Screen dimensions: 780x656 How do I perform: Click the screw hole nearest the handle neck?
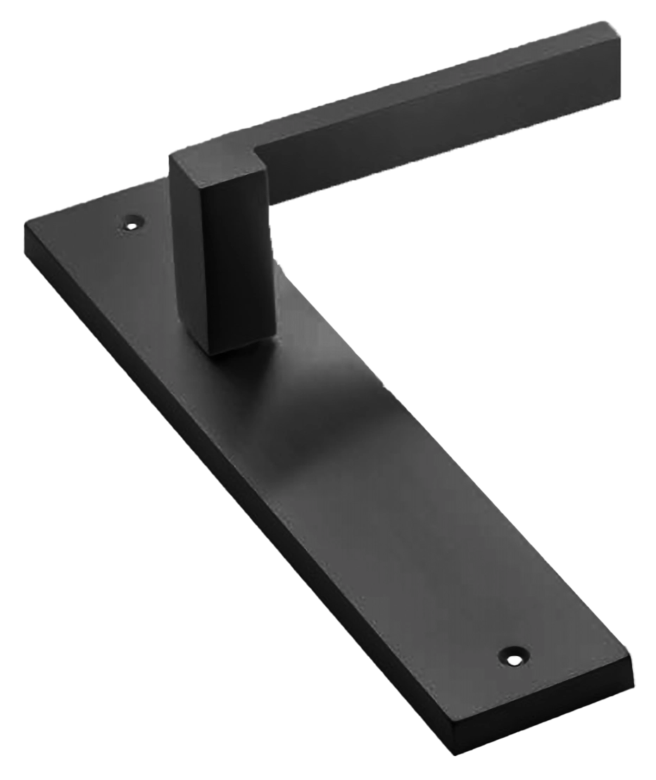[132, 225]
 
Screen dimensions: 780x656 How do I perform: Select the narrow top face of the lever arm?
[422, 84]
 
